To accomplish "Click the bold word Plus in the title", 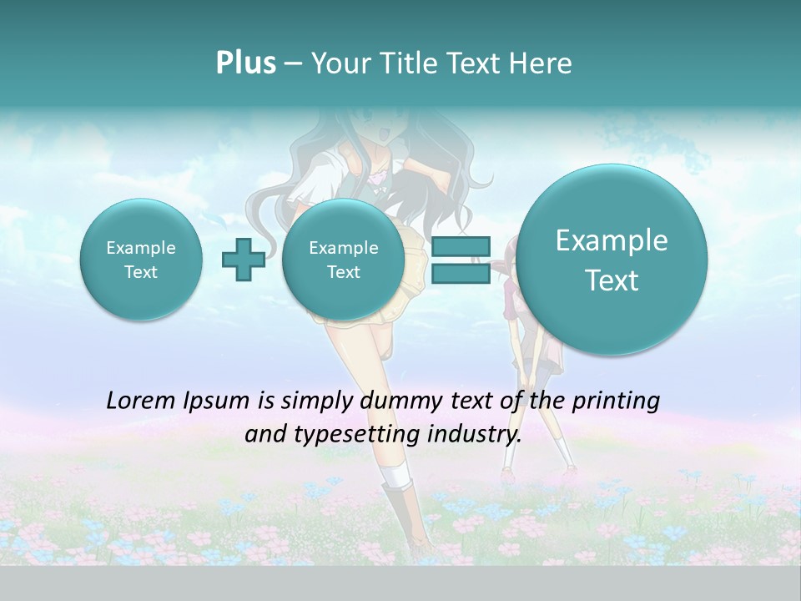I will [245, 63].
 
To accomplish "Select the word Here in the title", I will [542, 63].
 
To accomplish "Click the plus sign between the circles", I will [243, 259].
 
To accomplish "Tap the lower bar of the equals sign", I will [460, 273].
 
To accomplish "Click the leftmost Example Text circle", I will [141, 259].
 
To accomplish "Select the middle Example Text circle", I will [343, 259].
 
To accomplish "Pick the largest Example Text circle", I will [612, 260].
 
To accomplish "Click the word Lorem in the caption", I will [142, 401].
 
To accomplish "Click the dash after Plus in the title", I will [293, 64].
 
